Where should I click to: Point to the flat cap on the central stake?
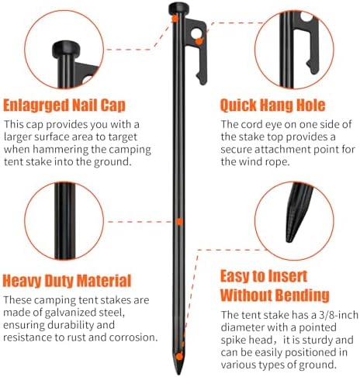(177, 9)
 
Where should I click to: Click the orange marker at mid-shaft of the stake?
(179, 221)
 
